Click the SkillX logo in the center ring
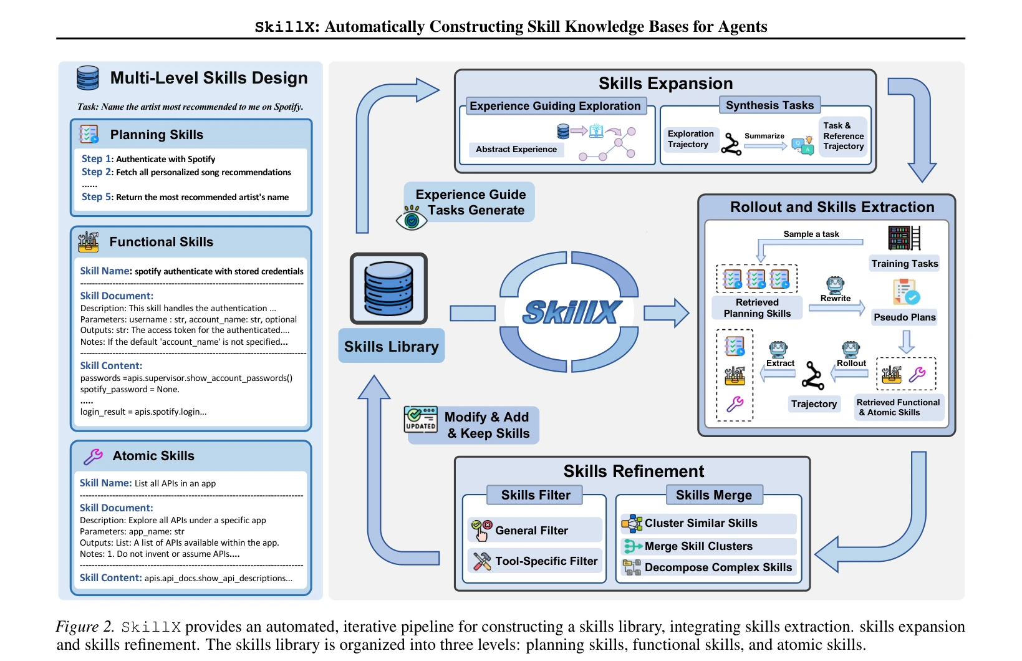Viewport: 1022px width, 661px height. click(572, 312)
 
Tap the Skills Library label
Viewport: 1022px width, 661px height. click(391, 346)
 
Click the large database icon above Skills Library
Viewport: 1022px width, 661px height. click(388, 288)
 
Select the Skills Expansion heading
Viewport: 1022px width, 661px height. click(666, 84)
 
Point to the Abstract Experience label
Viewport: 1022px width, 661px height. click(516, 149)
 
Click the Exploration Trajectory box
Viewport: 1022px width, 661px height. click(691, 139)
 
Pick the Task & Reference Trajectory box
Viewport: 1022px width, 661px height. click(843, 136)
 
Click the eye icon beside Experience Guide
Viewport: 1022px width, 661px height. click(412, 218)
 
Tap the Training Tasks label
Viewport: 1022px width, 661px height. click(904, 263)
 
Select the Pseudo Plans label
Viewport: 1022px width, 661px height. click(904, 317)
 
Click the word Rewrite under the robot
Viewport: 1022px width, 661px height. click(836, 298)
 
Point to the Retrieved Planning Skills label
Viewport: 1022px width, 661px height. click(757, 308)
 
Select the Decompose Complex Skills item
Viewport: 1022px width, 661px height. click(708, 567)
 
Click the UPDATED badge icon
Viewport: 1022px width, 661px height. click(421, 419)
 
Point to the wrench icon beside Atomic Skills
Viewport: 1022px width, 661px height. click(93, 456)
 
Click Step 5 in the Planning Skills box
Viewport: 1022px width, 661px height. click(96, 196)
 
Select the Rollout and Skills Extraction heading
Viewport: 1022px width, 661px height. click(832, 206)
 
